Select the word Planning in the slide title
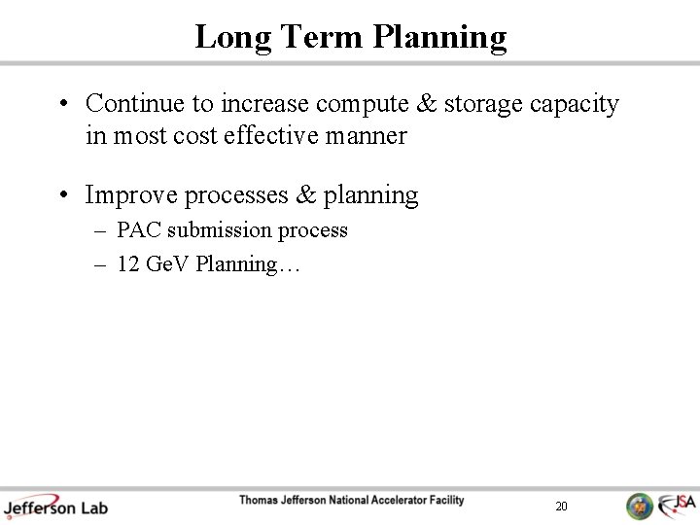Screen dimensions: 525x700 coord(440,37)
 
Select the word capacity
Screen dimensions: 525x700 coord(575,103)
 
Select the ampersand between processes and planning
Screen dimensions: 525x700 coord(306,194)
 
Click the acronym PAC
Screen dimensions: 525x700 coord(139,230)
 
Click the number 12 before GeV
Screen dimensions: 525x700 coord(127,263)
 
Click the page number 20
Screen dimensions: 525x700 coord(561,506)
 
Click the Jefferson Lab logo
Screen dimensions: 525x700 coord(55,505)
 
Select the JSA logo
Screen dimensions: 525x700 coord(677,505)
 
